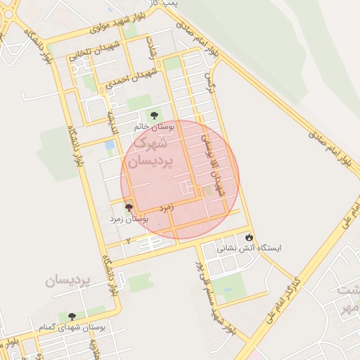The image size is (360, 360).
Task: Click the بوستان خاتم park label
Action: [x=153, y=127]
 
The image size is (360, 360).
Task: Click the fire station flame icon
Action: [x=249, y=237]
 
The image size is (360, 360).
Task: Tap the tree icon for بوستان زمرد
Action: [x=128, y=207]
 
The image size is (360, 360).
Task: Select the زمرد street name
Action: [x=167, y=208]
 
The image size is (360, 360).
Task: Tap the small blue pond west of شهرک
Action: [x=110, y=145]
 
